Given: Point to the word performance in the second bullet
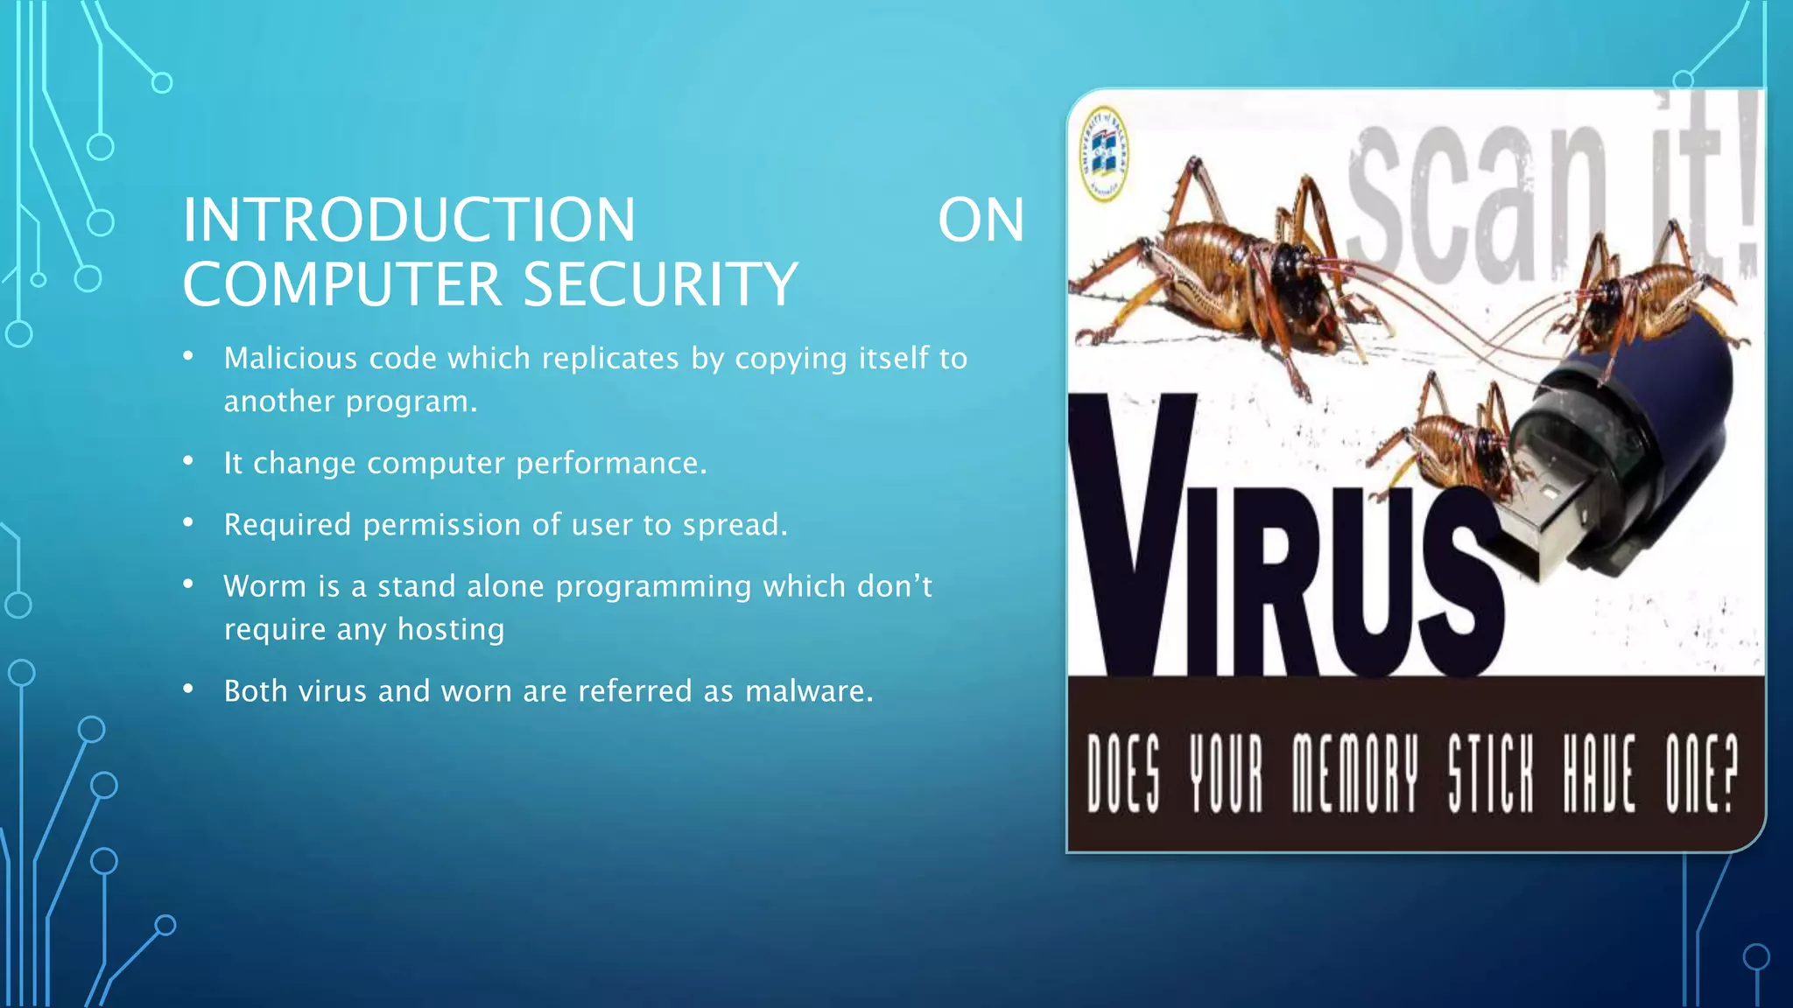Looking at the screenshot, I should click(x=610, y=463).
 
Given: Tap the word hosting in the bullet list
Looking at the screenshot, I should click(x=451, y=629).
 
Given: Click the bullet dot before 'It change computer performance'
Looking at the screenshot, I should click(x=188, y=461).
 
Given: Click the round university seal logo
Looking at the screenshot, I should click(x=1104, y=154).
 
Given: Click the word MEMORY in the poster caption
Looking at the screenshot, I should click(x=1354, y=773).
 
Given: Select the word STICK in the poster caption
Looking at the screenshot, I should click(x=1490, y=773).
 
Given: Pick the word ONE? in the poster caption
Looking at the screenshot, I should click(x=1701, y=773).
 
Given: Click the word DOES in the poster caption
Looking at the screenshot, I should click(x=1123, y=773).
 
